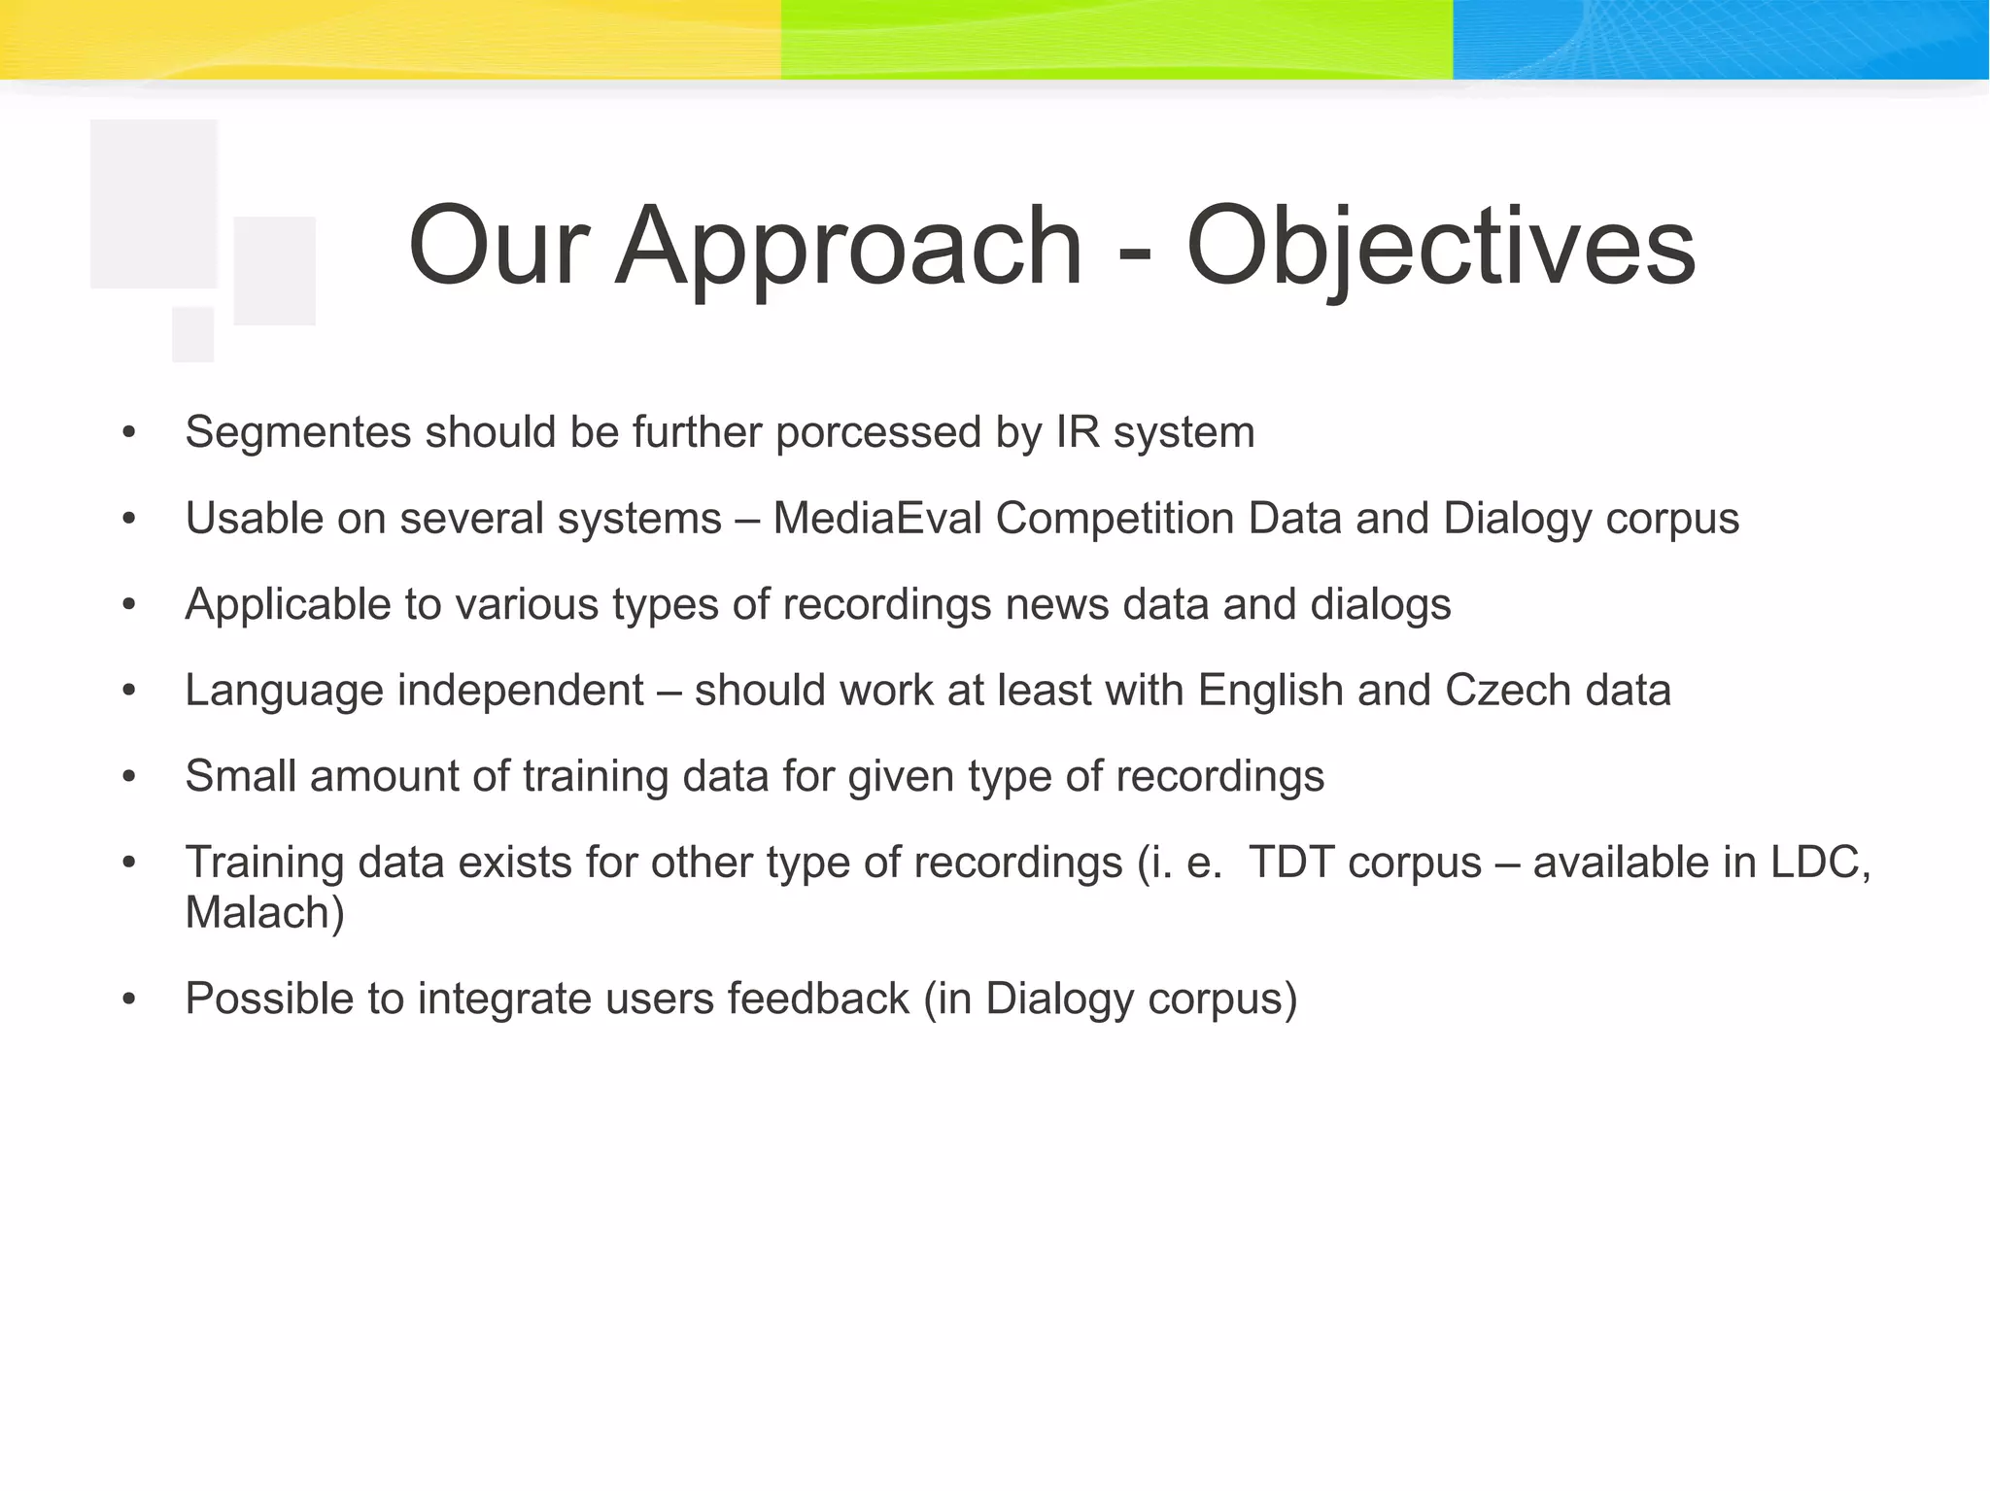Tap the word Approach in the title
[x=848, y=248]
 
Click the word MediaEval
[x=876, y=519]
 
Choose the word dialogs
[x=1380, y=604]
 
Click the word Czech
[x=1507, y=691]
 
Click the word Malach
[x=258, y=913]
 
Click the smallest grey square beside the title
[x=192, y=334]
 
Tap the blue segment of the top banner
[x=1720, y=39]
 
